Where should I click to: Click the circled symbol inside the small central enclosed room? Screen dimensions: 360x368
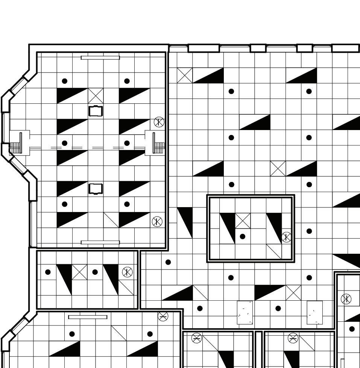(287, 237)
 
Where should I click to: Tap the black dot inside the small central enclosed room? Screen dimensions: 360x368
(243, 236)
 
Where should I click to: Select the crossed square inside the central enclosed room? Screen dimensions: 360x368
(243, 221)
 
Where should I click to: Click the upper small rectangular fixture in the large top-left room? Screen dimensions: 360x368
(96, 111)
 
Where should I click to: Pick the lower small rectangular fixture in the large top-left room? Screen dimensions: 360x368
(96, 188)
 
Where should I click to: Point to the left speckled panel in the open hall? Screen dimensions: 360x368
(245, 312)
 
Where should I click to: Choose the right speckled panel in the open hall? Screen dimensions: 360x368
(314, 312)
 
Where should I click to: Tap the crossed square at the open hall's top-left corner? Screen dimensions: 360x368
(185, 75)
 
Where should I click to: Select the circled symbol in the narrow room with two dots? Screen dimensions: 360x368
(127, 272)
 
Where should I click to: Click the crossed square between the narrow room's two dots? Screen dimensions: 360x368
(79, 272)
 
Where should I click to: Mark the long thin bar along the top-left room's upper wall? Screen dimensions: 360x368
(100, 58)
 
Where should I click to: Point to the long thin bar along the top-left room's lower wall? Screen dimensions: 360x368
(100, 242)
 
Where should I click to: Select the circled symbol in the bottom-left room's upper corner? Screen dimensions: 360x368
(163, 316)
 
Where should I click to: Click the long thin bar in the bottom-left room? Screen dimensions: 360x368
(88, 317)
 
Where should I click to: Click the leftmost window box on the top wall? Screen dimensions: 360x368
(204, 48)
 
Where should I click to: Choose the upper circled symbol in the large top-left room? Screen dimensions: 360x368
(159, 122)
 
